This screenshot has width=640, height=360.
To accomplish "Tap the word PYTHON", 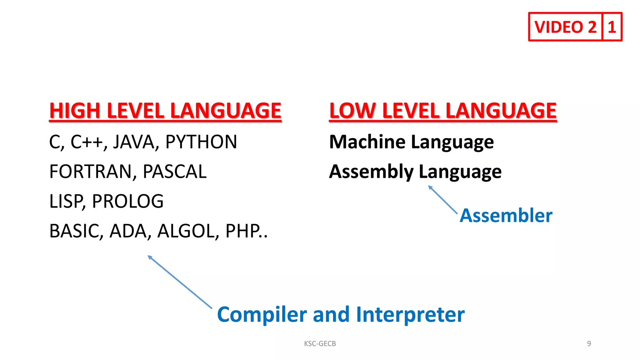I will point(201,142).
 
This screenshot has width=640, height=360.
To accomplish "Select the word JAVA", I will point(134,142).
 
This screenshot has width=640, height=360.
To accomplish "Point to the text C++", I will point(87,142).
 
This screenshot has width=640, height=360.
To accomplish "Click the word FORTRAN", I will point(90,172).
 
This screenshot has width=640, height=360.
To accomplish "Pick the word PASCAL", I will point(174,172).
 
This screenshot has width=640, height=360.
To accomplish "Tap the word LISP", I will point(66,201).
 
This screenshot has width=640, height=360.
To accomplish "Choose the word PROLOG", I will point(127,201).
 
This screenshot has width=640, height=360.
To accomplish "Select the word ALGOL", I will point(186,231).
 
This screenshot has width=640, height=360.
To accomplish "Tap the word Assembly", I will point(371,172).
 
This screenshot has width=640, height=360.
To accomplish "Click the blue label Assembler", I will point(506,216).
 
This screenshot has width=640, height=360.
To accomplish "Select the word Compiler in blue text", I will point(262,314).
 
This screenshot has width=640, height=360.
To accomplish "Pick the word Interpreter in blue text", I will point(410,314).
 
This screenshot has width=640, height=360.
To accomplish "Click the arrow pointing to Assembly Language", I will point(442,199).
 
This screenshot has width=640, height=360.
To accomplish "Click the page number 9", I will point(589,343).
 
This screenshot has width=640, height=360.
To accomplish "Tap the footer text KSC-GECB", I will point(320,343).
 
